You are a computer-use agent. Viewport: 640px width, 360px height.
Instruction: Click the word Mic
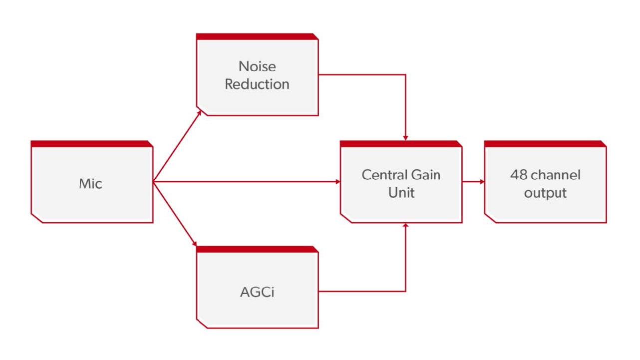point(90,183)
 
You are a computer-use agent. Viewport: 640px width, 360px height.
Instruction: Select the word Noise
point(257,66)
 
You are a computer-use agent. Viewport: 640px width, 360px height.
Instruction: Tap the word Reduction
point(257,84)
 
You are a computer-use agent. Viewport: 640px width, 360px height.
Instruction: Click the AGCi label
point(257,292)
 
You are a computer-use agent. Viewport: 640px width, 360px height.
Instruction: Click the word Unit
point(401,193)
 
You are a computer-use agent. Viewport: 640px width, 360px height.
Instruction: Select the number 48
point(519,175)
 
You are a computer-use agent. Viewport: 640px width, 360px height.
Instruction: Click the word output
point(545,193)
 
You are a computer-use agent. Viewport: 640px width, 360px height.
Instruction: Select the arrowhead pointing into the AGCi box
point(195,244)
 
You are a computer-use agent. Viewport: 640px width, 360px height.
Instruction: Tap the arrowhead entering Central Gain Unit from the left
point(338,181)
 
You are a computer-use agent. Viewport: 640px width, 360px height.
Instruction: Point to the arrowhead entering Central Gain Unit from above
point(405,138)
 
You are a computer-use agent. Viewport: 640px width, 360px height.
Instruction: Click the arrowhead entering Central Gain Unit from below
point(405,225)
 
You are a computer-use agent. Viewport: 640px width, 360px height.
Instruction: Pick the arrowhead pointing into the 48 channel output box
point(482,181)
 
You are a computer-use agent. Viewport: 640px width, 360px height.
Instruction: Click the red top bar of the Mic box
point(91,144)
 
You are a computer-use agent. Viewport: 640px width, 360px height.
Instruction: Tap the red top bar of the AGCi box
point(257,249)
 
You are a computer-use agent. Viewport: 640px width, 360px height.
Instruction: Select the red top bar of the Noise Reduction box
point(257,36)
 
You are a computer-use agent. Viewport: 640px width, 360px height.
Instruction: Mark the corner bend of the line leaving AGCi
point(405,292)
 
